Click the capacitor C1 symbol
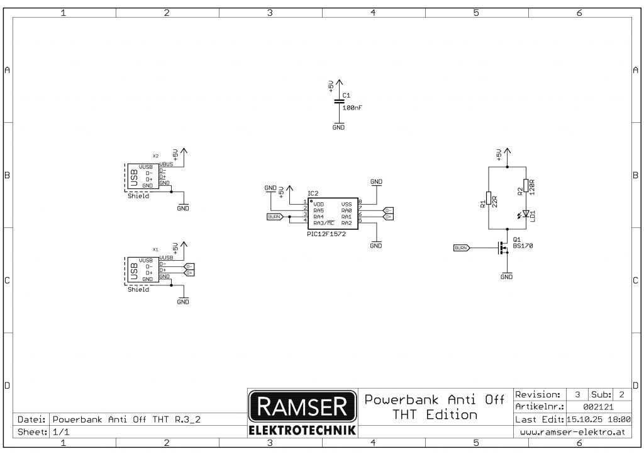click(x=339, y=101)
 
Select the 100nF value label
click(x=352, y=108)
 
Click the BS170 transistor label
click(x=523, y=246)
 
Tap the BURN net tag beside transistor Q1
click(x=461, y=248)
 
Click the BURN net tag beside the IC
click(x=275, y=217)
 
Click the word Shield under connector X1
click(x=138, y=290)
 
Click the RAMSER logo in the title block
click(x=299, y=407)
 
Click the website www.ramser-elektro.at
click(x=572, y=432)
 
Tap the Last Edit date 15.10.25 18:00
click(x=598, y=419)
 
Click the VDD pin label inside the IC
click(x=318, y=204)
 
